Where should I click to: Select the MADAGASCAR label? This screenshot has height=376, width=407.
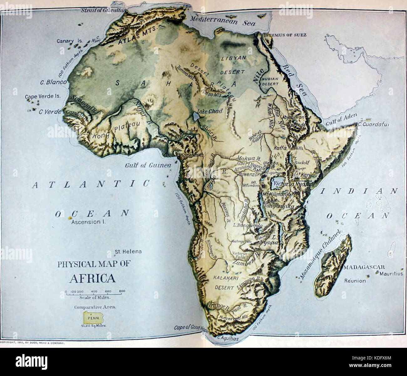point(363,267)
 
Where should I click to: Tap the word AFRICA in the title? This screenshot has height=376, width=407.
point(92,278)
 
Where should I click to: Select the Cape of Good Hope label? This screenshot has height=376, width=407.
point(191,327)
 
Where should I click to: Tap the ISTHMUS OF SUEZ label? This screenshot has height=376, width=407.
point(285,35)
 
